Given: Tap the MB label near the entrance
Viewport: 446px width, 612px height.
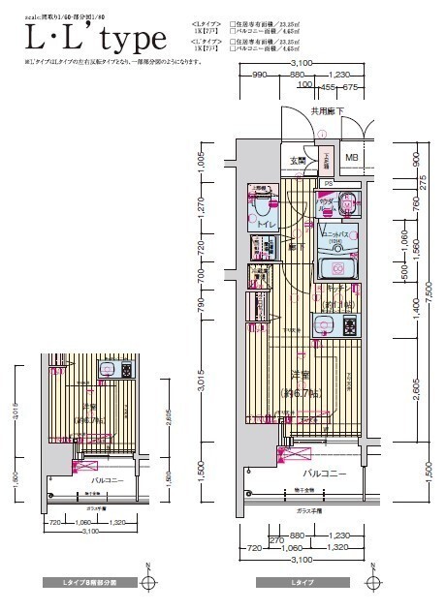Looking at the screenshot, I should (x=352, y=158).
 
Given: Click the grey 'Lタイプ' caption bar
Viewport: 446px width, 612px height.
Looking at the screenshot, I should (x=303, y=583).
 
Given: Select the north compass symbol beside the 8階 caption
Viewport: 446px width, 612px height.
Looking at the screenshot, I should (x=146, y=581).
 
